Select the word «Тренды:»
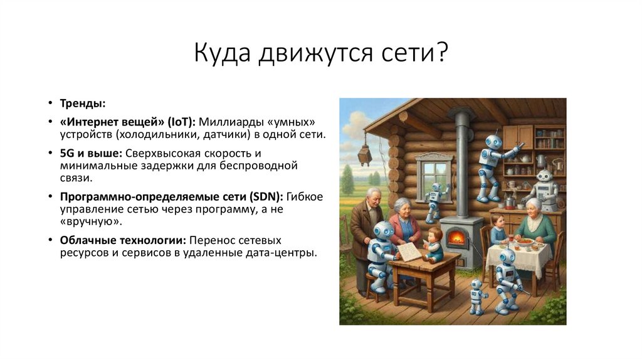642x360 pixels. pyautogui.click(x=82, y=103)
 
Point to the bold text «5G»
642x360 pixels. pyautogui.click(x=67, y=153)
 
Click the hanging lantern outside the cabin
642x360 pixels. pyautogui.click(x=364, y=154)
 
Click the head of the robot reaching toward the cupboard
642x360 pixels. pyautogui.click(x=492, y=142)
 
